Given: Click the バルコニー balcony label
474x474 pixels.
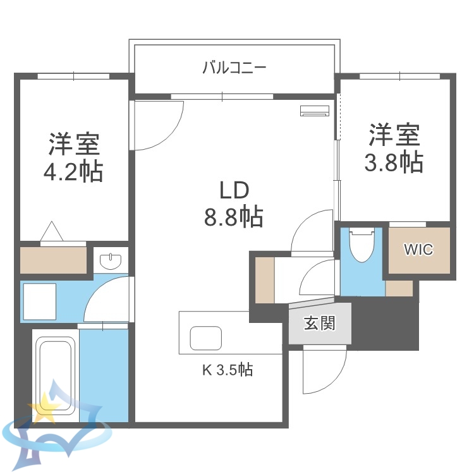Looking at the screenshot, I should pos(234,67).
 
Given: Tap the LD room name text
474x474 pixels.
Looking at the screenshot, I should pos(233,190).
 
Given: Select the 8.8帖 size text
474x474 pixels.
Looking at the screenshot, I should pos(233,217).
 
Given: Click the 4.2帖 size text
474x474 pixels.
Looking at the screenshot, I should pos(73,171).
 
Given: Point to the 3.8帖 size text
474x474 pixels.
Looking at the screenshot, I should pos(394,163).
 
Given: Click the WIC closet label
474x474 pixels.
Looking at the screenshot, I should pos(418,250).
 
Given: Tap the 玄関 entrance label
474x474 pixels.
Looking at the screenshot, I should pos(319,324).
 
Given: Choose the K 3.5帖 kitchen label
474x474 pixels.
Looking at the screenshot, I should pos(228,370).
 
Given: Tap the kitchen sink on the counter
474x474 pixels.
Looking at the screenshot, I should pos(205,339).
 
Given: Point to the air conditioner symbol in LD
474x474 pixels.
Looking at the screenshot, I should pos(315,111).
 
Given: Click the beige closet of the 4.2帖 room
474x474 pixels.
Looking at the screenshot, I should pos(53,260).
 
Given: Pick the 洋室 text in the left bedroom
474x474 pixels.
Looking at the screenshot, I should pos(75,145).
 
